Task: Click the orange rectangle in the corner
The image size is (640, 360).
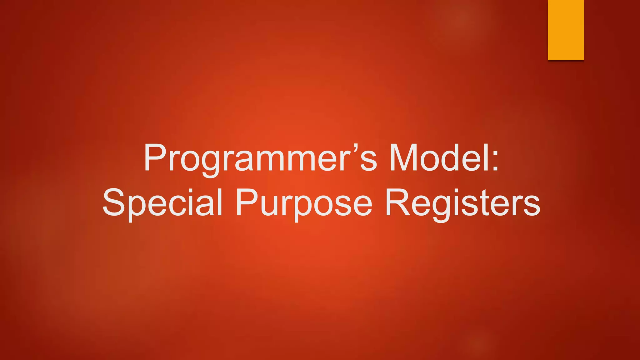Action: [566, 30]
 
